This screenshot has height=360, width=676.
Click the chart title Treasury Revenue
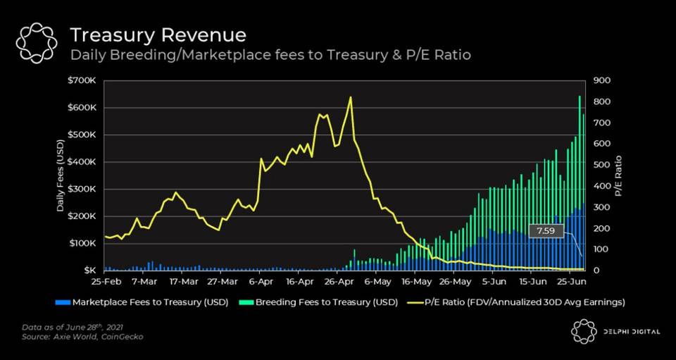pos(158,35)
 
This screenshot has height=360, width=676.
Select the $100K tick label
pos(82,243)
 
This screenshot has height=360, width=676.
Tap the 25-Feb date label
pos(105,282)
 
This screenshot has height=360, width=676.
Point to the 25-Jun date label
pos(573,282)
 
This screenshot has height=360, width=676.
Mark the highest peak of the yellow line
pos(350,97)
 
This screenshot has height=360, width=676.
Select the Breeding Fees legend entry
pos(320,302)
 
